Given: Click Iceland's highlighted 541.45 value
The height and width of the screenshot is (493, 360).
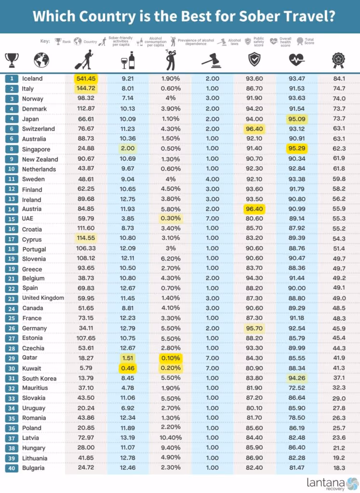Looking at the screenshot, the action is pyautogui.click(x=86, y=78).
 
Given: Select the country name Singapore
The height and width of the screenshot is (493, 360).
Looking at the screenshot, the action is pyautogui.click(x=36, y=149).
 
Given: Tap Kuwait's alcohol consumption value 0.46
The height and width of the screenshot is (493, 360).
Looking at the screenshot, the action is pyautogui.click(x=128, y=368).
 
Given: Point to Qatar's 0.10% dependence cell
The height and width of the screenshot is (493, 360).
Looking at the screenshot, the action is pyautogui.click(x=171, y=358).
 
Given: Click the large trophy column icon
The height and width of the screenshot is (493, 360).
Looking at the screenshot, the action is pyautogui.click(x=12, y=60).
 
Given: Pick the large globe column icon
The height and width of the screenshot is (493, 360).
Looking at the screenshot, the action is pyautogui.click(x=41, y=60).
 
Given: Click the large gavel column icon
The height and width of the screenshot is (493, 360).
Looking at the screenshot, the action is pyautogui.click(x=212, y=60).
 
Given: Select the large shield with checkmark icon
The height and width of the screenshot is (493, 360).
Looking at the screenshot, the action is pyautogui.click(x=254, y=59).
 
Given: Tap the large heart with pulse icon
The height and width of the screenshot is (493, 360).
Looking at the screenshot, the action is pyautogui.click(x=297, y=59).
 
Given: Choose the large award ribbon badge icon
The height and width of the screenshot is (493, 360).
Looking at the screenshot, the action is pyautogui.click(x=339, y=60).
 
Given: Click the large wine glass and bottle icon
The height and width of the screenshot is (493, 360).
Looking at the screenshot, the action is pyautogui.click(x=128, y=60).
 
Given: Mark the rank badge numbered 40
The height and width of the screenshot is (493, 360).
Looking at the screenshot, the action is pyautogui.click(x=12, y=468).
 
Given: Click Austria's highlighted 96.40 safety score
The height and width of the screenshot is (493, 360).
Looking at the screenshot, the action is pyautogui.click(x=254, y=208).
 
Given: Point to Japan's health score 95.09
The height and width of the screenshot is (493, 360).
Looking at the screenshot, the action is pyautogui.click(x=297, y=119).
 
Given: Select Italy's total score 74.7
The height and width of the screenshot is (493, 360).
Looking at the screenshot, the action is pyautogui.click(x=339, y=89).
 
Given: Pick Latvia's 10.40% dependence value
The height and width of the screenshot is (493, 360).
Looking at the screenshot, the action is pyautogui.click(x=171, y=438).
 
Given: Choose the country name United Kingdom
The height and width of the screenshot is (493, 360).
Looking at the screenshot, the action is pyautogui.click(x=43, y=298).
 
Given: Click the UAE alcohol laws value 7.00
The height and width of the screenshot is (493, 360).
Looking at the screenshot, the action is pyautogui.click(x=213, y=219).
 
